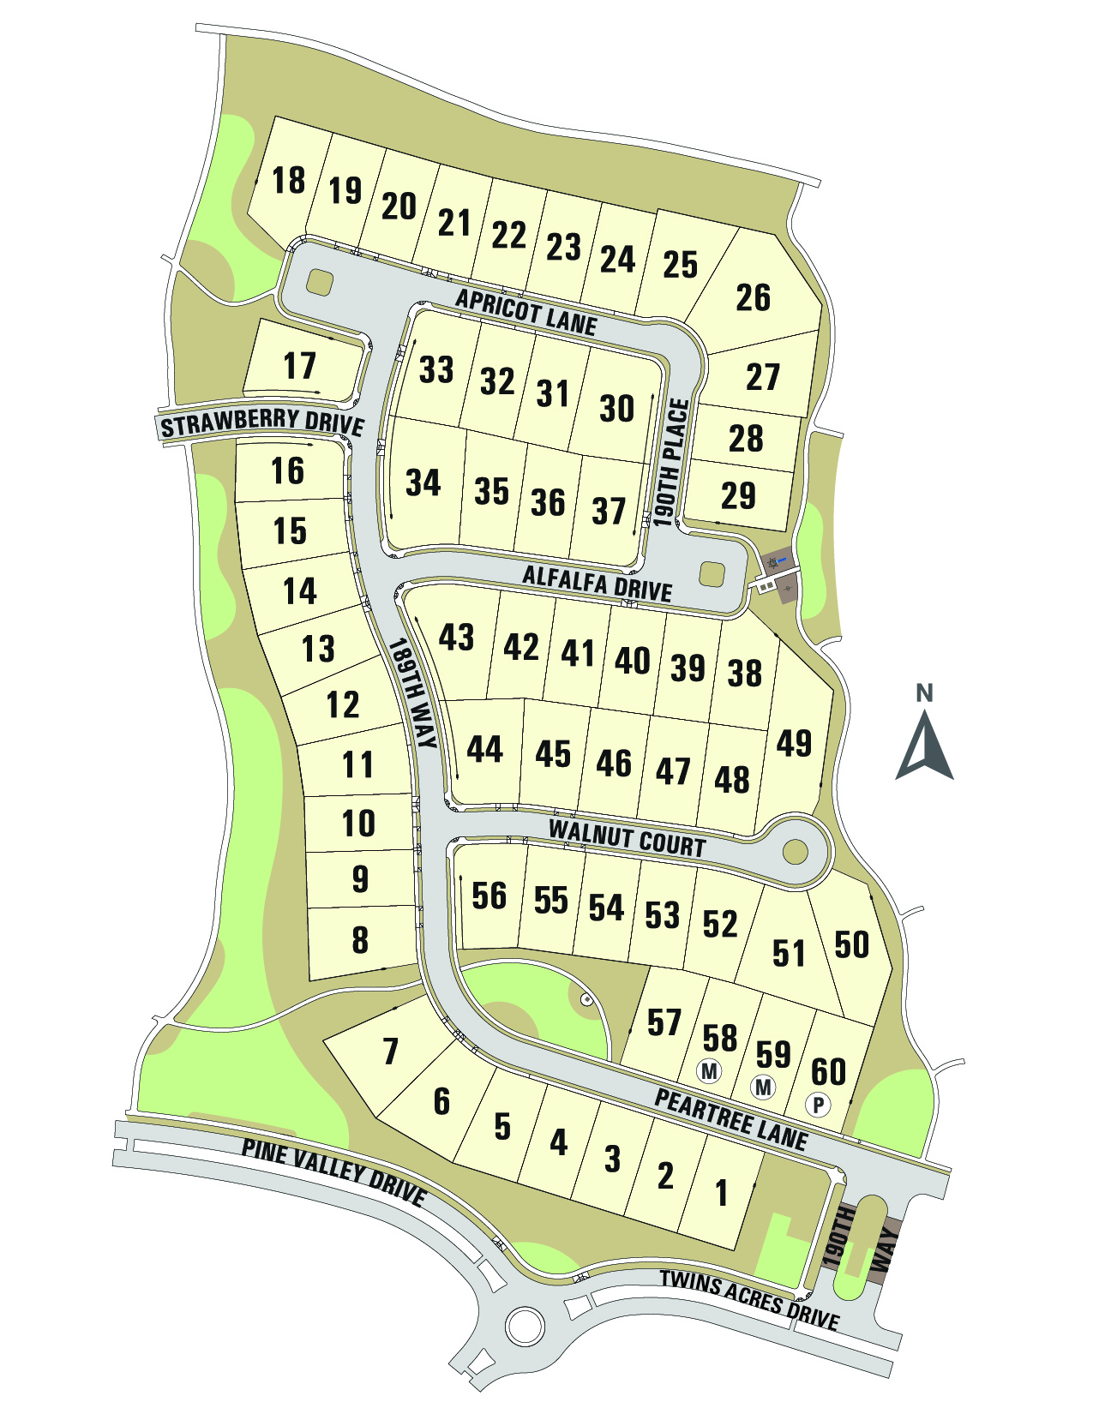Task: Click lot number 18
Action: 289,181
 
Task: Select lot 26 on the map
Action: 754,297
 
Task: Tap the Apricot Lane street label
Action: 525,311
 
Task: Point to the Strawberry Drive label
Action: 262,423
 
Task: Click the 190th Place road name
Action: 671,463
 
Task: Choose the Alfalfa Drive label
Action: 597,583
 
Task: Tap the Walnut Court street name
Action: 627,838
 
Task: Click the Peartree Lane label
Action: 730,1118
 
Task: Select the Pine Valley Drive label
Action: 333,1171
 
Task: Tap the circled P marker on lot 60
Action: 819,1105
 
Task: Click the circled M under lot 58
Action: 709,1070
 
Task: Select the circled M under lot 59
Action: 763,1087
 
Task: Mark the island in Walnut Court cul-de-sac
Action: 796,852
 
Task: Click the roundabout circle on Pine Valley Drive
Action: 525,1326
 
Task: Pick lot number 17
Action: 300,366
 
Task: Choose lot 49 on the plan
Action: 794,743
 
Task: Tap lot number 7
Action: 391,1051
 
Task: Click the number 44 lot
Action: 484,750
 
